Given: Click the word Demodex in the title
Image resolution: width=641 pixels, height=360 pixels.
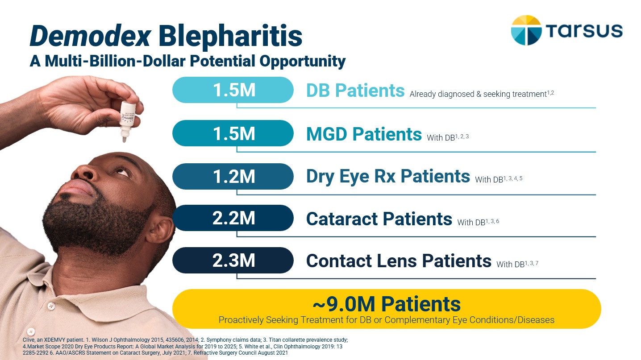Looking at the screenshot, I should click(90, 37).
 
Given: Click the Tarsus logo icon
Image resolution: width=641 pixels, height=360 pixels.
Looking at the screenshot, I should click(526, 30).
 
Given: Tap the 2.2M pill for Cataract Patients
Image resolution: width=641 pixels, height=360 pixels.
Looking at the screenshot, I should click(233, 218).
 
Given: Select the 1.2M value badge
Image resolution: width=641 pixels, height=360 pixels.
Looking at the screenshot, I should click(233, 176).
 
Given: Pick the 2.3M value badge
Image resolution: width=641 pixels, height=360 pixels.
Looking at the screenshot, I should click(233, 261).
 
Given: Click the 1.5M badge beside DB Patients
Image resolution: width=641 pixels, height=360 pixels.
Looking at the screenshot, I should click(233, 90).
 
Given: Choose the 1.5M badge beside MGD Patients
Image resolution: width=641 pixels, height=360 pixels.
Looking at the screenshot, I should click(233, 133).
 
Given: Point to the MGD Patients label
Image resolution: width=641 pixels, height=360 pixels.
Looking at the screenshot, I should click(364, 134).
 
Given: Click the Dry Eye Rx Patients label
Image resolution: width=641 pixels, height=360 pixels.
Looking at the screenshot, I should click(387, 177).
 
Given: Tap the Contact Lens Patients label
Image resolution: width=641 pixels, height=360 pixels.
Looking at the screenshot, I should click(398, 261).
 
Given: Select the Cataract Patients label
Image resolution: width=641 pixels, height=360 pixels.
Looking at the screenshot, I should click(379, 219).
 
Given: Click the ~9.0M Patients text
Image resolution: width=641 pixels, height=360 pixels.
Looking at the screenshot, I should click(386, 304).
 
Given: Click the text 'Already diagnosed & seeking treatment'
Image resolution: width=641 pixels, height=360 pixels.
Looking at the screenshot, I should click(478, 95).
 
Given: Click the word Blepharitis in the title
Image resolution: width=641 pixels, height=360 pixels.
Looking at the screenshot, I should click(230, 37).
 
